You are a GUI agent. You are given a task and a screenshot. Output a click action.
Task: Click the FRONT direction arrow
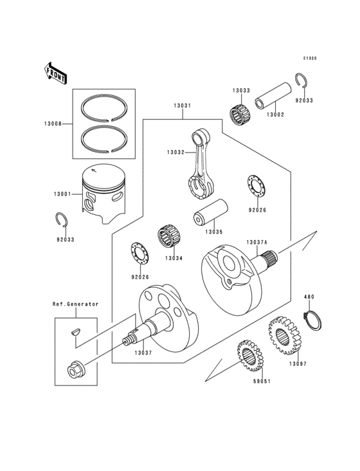[56, 73]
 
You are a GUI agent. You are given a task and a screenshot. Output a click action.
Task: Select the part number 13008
[53, 124]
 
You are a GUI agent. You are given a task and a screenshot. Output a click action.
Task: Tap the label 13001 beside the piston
[54, 192]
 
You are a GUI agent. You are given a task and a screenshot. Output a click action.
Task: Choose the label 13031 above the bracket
[182, 107]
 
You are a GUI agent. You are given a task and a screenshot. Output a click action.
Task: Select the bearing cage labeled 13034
[168, 237]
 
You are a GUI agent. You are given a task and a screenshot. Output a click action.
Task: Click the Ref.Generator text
[75, 304]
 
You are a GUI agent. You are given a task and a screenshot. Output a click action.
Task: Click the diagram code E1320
[312, 59]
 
